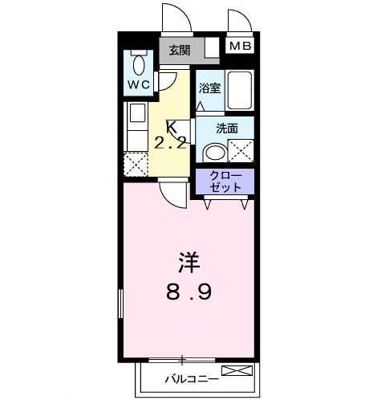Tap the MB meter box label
tap(240, 47)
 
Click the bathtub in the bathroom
tap(240, 91)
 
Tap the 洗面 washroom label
tap(227, 128)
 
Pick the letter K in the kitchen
tap(170, 127)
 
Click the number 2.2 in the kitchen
tap(171, 145)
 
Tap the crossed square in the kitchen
tap(136, 166)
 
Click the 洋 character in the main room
tap(189, 261)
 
